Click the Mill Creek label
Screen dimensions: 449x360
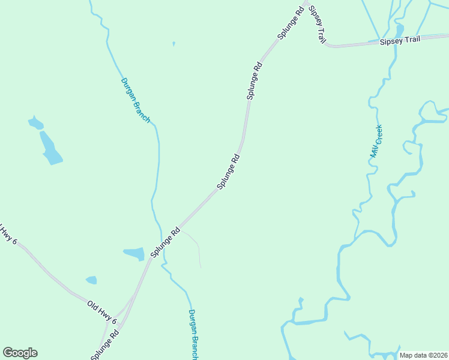pyautogui.click(x=376, y=142)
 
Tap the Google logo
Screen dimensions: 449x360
pyautogui.click(x=20, y=353)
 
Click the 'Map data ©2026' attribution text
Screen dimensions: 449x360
pyautogui.click(x=423, y=355)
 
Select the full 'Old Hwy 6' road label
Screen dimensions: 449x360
pyautogui.click(x=101, y=313)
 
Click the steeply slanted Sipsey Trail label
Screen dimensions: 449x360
pyautogui.click(x=317, y=27)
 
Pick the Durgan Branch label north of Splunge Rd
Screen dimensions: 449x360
pyautogui.click(x=135, y=100)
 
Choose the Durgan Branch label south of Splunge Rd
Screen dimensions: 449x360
pyautogui.click(x=193, y=334)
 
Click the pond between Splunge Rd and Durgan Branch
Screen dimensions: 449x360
pyautogui.click(x=134, y=254)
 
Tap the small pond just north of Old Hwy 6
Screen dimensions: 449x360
pyautogui.click(x=91, y=280)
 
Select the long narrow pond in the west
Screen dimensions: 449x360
pyautogui.click(x=50, y=149)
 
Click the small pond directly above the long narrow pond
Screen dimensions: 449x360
pyautogui.click(x=35, y=124)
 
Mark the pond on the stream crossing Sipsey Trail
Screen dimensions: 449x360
pyautogui.click(x=400, y=29)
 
